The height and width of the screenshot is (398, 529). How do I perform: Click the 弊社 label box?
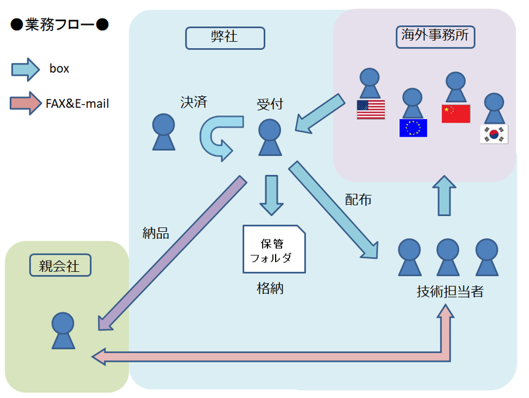[225, 38]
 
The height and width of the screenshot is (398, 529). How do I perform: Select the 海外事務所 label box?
[435, 36]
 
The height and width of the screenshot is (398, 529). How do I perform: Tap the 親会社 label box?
[62, 266]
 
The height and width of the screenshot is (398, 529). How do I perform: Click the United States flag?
[371, 109]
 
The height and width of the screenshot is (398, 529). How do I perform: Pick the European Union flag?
[413, 127]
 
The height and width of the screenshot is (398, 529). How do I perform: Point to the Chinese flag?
[456, 113]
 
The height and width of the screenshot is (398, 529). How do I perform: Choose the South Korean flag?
[494, 134]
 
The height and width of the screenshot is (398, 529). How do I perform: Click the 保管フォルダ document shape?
[274, 249]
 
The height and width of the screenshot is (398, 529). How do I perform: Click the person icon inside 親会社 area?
[63, 330]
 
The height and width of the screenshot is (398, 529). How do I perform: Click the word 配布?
[358, 200]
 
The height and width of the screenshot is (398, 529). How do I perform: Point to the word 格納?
[270, 289]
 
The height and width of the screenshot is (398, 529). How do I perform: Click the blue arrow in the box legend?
[25, 69]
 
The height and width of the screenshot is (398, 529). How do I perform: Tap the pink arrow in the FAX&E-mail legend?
[25, 104]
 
